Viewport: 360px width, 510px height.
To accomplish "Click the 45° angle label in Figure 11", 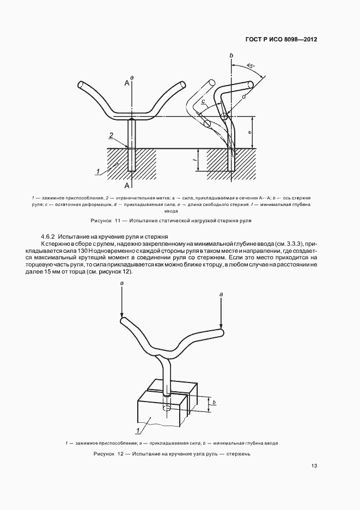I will click(x=251, y=66).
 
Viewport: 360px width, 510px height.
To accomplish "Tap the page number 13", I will click(x=314, y=466).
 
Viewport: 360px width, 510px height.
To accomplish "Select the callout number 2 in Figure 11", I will click(x=111, y=135).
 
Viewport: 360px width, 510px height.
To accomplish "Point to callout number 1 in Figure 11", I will click(x=98, y=171).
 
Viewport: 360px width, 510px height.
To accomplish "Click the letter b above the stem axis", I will click(x=231, y=56).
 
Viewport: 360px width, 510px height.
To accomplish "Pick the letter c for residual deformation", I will click(x=203, y=101).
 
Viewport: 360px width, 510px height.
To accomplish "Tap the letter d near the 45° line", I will click(x=244, y=97).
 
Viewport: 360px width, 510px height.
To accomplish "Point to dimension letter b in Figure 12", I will click(x=214, y=403).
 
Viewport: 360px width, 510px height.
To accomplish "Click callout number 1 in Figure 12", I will click(x=139, y=431).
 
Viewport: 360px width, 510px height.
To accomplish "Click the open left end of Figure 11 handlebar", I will click(x=81, y=84).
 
